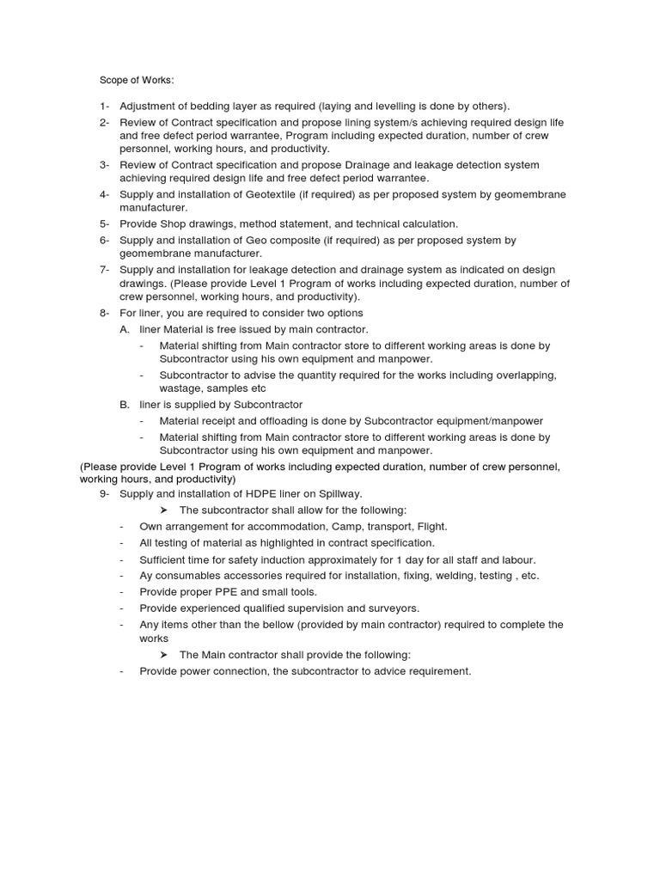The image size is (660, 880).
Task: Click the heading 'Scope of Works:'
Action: [137, 80]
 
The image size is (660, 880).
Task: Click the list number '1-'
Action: [104, 106]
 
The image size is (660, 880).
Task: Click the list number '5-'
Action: [104, 223]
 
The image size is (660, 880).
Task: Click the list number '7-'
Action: [104, 270]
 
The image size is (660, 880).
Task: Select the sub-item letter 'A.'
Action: [125, 329]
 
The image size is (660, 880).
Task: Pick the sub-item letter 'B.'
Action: [125, 404]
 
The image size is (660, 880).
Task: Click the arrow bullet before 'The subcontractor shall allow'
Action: [165, 510]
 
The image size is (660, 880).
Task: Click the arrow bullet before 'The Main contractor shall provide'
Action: [165, 655]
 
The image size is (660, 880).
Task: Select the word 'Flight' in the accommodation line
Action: [431, 526]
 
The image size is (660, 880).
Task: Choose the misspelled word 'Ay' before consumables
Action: [147, 576]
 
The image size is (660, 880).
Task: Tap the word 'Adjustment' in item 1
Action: [149, 106]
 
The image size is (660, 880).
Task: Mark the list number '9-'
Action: [104, 493]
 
